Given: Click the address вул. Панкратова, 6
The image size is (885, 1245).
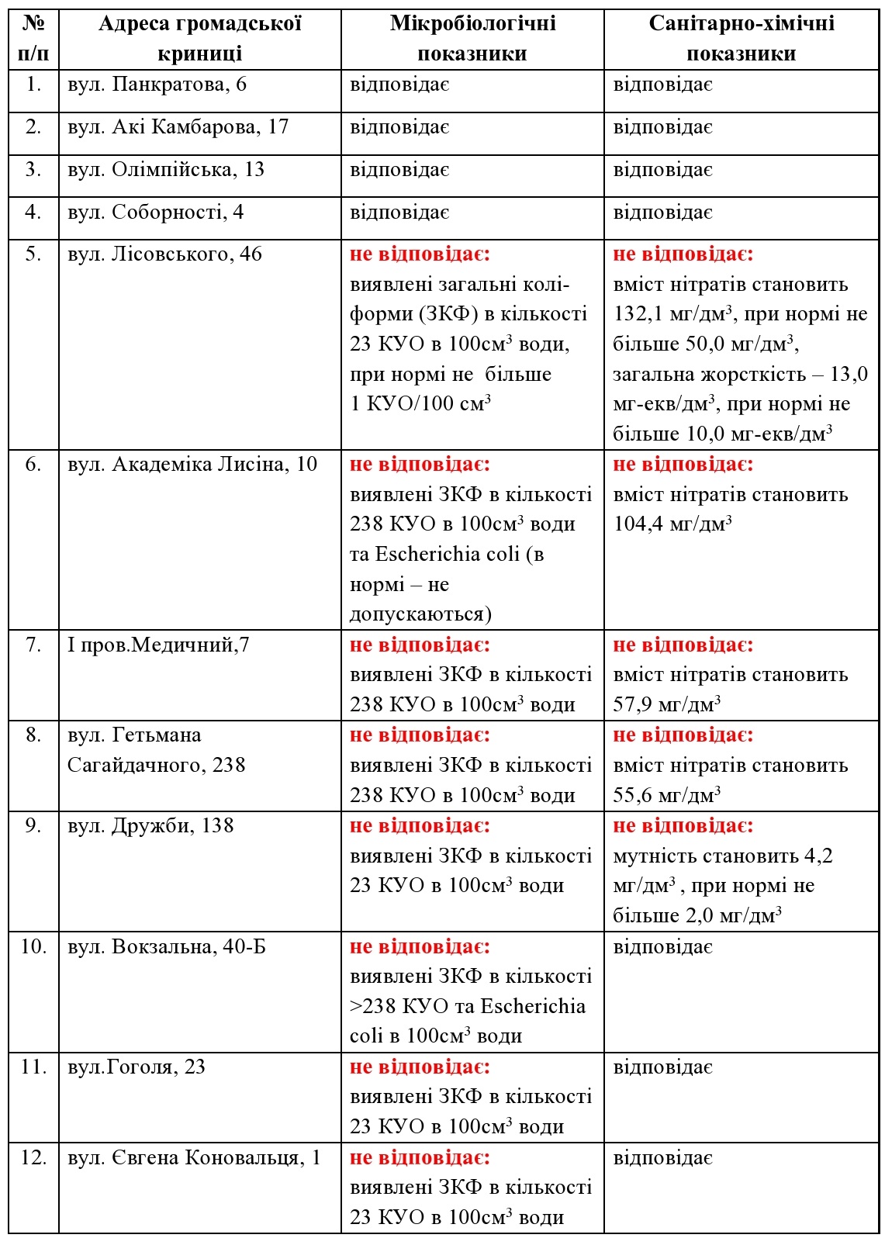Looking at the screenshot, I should pos(157,85).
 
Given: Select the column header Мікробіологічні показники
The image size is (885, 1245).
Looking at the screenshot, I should pos(472,38).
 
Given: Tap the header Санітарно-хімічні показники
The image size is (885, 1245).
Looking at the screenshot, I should pos(741,38).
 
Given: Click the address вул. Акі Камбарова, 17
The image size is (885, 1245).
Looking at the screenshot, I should pos(178,127).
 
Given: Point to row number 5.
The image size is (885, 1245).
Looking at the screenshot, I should pos(33,254).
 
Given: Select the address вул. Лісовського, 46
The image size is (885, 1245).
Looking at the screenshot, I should pos(164,254).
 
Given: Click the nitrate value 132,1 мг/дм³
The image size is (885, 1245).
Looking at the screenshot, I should pos(672,314).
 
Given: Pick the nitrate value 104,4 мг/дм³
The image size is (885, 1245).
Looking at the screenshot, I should pos(672,524).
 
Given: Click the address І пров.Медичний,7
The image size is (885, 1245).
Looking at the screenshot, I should pos(158,645).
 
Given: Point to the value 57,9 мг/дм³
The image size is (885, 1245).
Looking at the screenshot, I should pos(666,704).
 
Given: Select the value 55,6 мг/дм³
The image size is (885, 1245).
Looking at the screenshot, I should pos(666,795).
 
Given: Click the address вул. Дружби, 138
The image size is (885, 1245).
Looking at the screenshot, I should pos(150,825).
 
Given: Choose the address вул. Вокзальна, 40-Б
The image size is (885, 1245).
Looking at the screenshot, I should pos(166,946).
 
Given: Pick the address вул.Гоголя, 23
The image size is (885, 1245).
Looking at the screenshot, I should pos(136,1067).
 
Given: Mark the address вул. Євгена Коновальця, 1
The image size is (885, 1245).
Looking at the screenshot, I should pos(194,1157).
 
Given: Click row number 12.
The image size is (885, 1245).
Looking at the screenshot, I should pos(33,1157).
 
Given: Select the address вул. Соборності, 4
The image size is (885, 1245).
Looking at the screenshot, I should pos(155,213).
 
